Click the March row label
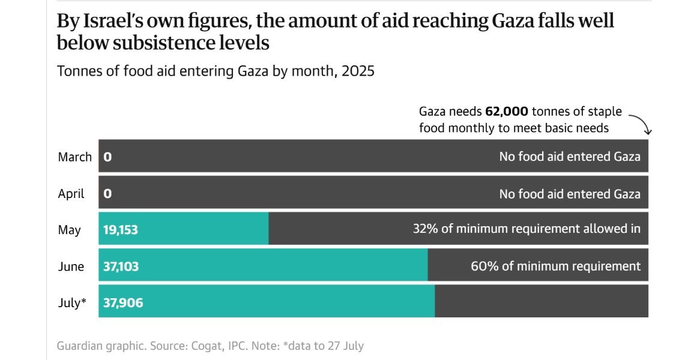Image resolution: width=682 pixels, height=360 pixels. point(74,157)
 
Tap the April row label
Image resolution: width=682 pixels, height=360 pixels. point(71,194)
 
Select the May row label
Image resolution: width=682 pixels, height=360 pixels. point(69,230)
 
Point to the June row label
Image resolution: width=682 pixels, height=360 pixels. point(71,266)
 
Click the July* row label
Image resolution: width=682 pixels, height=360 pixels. point(72,303)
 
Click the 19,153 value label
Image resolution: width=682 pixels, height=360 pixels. point(121,230)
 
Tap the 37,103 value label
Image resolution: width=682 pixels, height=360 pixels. point(121,266)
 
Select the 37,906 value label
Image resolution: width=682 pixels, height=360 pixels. point(123,303)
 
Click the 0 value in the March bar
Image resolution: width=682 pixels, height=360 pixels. point(107,157)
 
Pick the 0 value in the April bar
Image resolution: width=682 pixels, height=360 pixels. point(107,194)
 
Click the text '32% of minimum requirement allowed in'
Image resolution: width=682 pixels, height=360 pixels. point(527,229)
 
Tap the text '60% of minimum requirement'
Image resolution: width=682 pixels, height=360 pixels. point(555,266)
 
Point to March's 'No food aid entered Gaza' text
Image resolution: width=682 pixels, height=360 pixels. point(570,157)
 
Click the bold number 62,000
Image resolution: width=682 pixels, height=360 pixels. point(507,112)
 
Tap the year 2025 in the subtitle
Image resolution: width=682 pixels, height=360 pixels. point(358,71)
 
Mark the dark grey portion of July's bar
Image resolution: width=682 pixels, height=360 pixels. point(541,302)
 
